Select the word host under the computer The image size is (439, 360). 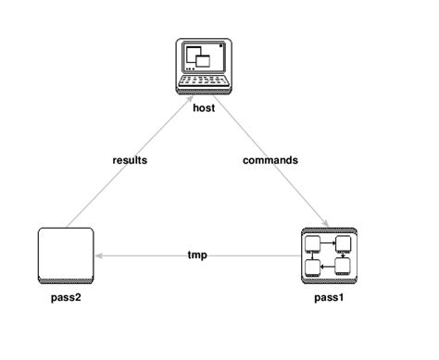click(204, 109)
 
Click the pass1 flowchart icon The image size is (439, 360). click(329, 254)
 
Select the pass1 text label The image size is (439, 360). click(329, 299)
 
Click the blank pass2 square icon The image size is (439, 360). click(66, 254)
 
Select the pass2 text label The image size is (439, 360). click(66, 299)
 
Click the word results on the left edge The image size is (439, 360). click(129, 160)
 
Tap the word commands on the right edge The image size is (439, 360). click(270, 160)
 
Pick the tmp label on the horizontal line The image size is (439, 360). click(197, 254)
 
